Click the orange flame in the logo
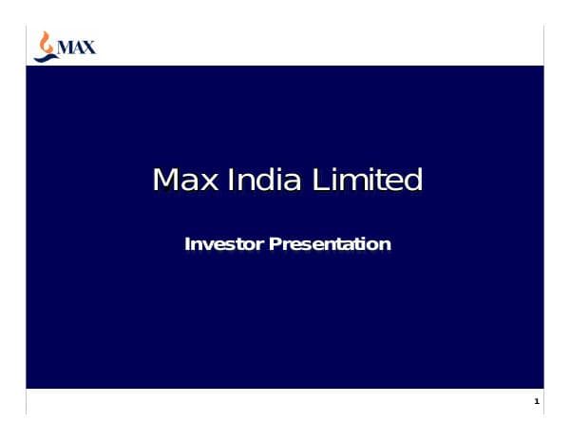[x=43, y=40]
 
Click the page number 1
[x=537, y=403]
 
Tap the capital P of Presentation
[x=276, y=244]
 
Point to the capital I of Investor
[x=187, y=244]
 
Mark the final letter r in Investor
[x=261, y=246]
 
